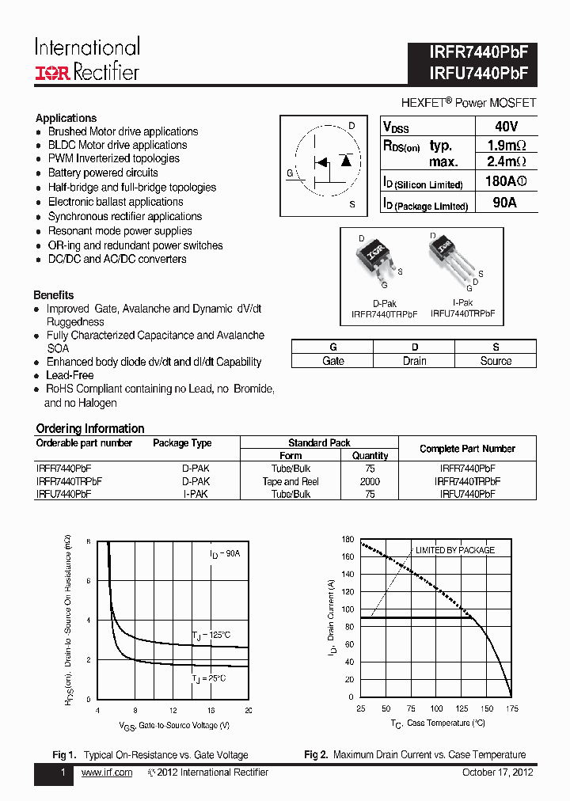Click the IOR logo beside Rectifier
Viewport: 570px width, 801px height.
(x=52, y=73)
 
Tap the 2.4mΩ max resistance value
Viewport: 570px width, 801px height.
(x=507, y=162)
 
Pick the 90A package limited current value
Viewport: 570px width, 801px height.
(x=504, y=203)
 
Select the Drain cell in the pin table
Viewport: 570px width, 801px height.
(x=414, y=361)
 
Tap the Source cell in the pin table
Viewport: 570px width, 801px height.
(x=496, y=361)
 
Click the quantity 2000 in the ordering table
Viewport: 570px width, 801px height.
(x=370, y=481)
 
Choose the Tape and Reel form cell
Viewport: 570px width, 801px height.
(x=291, y=481)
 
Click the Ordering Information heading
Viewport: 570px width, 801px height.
(x=90, y=428)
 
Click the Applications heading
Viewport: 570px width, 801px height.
(x=66, y=118)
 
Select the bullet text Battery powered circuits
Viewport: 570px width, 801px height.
(x=103, y=173)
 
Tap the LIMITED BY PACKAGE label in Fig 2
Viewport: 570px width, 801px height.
(x=454, y=550)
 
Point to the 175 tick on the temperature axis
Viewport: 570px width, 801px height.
(x=511, y=708)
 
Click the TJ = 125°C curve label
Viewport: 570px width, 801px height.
(x=211, y=636)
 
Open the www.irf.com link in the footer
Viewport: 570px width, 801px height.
(x=107, y=773)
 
